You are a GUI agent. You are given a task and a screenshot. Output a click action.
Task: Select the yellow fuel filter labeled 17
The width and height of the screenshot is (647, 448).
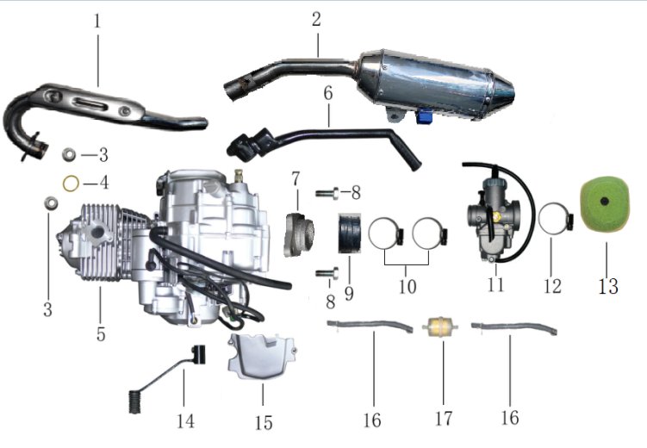[440, 327]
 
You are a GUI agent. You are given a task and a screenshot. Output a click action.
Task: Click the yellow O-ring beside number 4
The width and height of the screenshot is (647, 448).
[71, 184]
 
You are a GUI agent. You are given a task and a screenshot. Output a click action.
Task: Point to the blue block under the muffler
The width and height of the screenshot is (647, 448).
[424, 116]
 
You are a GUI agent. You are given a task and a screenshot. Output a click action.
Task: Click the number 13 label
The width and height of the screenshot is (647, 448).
[608, 286]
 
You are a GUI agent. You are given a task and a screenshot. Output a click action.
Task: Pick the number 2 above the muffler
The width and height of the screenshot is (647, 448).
[316, 19]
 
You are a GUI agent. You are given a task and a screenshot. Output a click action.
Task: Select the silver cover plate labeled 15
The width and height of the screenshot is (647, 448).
[262, 357]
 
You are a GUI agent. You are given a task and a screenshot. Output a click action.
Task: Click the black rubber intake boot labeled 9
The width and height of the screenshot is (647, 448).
[350, 233]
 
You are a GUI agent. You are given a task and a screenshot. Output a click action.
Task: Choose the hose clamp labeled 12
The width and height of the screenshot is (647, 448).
[556, 219]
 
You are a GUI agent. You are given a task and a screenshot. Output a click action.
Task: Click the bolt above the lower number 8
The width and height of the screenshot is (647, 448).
[327, 273]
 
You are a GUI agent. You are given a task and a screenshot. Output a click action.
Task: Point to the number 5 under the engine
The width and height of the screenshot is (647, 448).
[101, 333]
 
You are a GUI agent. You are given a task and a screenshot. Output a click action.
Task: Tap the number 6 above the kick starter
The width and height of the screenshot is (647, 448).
[328, 93]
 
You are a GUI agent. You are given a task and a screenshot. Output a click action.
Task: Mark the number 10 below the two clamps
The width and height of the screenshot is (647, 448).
[407, 286]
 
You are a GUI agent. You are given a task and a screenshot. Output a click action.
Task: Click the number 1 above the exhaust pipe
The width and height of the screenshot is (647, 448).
[97, 21]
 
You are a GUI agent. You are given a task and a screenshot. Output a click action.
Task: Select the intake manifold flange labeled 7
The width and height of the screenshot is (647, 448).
[299, 233]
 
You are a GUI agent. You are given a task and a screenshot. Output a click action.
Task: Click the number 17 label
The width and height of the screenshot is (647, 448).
[444, 419]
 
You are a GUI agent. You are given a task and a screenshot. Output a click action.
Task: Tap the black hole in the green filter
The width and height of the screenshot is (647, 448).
[605, 202]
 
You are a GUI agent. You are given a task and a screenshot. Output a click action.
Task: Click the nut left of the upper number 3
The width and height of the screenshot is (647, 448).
[69, 155]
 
